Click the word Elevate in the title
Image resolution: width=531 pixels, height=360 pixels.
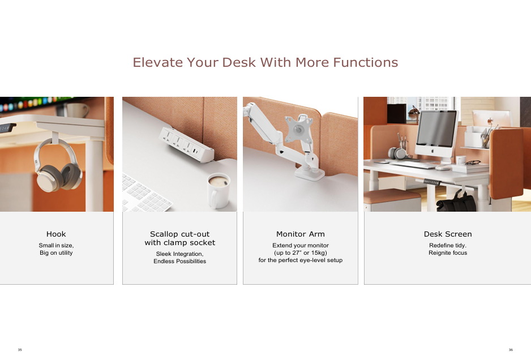tap(157, 62)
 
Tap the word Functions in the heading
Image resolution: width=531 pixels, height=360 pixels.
tap(365, 62)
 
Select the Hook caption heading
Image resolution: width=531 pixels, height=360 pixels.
tap(56, 234)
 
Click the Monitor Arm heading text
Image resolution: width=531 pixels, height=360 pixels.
tap(301, 234)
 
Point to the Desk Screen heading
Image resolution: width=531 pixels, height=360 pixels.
tap(448, 234)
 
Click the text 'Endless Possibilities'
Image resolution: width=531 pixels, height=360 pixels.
tap(180, 261)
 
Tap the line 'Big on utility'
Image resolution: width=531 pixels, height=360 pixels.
tap(56, 252)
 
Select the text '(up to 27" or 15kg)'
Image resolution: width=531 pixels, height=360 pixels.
tap(301, 252)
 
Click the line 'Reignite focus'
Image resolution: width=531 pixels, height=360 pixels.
tap(448, 252)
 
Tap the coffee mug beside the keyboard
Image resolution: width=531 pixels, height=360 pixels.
tap(219, 190)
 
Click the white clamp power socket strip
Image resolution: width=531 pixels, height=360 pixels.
tap(186, 144)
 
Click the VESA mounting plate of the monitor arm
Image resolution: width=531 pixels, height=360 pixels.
tap(298, 128)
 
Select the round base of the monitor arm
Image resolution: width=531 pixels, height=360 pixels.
tap(310, 173)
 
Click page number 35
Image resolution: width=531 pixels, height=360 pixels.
tap(20, 350)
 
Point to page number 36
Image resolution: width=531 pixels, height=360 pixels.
tap(511, 350)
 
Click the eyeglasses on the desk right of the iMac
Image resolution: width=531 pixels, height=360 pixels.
tap(473, 162)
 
